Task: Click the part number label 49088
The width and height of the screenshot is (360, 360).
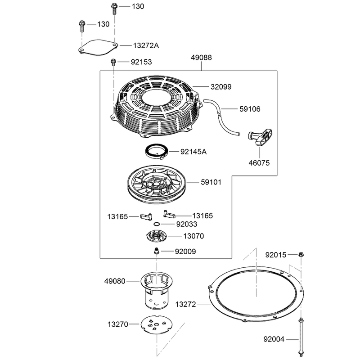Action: coord(201,58)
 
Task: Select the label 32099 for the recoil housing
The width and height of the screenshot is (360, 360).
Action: coord(221,87)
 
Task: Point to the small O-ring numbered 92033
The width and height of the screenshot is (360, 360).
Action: coord(157,224)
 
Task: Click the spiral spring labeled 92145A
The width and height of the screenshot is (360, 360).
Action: coord(157,151)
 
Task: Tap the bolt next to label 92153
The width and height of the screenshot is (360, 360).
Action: coord(113,62)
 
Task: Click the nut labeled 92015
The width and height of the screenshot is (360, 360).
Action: coord(301,254)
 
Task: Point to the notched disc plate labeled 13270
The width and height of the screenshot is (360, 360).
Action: coord(156,324)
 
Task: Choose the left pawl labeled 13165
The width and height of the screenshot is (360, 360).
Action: coord(146,216)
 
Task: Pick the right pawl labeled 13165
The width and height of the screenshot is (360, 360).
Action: coord(169,214)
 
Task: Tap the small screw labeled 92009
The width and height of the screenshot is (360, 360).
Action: coord(157,251)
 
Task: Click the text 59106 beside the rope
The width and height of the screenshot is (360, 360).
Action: coord(250,109)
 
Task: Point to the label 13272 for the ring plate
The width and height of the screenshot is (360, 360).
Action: coord(185,304)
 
